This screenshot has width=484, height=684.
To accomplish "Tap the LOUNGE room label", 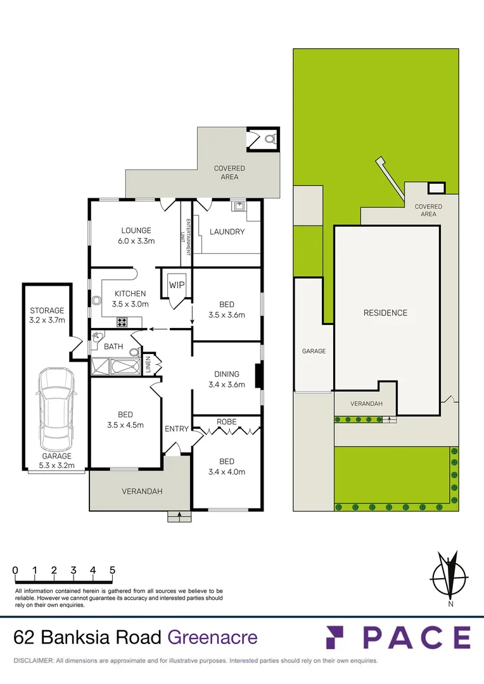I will coord(136,231).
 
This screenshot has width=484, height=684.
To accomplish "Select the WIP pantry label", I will coord(177,285).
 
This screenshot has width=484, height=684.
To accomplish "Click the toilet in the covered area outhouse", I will coord(269,137).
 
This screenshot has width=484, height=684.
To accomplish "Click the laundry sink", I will coord(239,205).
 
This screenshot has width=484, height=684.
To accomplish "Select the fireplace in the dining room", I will coord(258,376).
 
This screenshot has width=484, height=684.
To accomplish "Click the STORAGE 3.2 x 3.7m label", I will coord(48,315).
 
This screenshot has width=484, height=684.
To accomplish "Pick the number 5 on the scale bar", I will coord(113,570).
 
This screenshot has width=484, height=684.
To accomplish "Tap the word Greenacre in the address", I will coord(212,636).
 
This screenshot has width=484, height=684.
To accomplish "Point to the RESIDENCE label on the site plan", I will coord(385,313).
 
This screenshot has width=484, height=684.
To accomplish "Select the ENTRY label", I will coord(177,429).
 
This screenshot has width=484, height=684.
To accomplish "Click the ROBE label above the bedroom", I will coord(227,421).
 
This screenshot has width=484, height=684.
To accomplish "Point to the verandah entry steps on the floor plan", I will coord(180,516).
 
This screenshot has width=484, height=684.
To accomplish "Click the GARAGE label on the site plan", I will coord(314,351).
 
